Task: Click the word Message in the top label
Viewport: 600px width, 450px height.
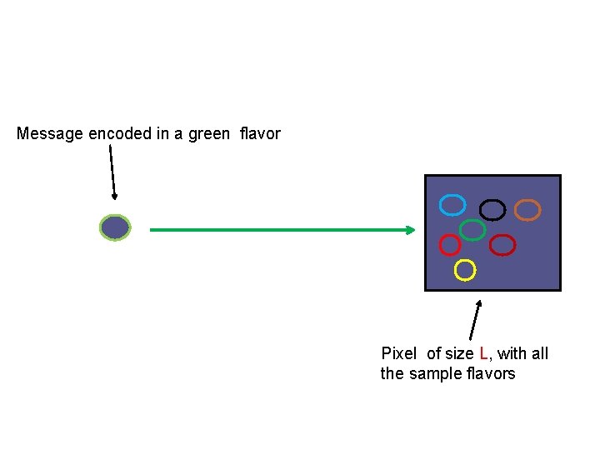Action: pos(50,134)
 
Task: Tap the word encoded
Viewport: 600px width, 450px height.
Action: pos(120,133)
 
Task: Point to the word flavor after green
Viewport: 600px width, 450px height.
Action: pos(260,133)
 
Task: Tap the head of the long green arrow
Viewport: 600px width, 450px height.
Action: pos(411,230)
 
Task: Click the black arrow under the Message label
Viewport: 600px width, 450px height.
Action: pos(112,172)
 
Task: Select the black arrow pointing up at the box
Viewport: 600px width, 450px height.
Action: pos(476,320)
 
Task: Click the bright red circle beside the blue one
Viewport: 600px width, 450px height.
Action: pos(439,245)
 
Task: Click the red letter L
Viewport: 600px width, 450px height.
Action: pos(483,353)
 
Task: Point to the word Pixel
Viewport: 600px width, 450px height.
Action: pos(398,353)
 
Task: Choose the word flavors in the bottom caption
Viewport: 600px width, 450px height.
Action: pos(491,373)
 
